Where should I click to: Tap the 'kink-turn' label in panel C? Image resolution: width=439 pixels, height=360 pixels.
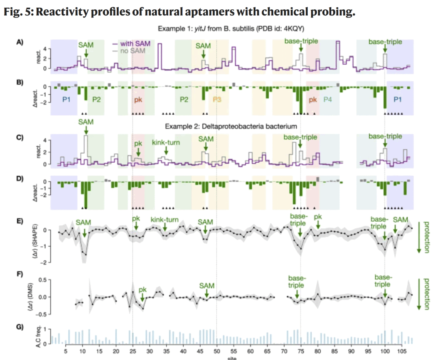point(165,142)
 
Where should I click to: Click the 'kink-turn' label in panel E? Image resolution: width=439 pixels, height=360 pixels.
point(165,220)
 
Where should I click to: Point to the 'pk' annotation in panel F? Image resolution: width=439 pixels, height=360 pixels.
point(142,289)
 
